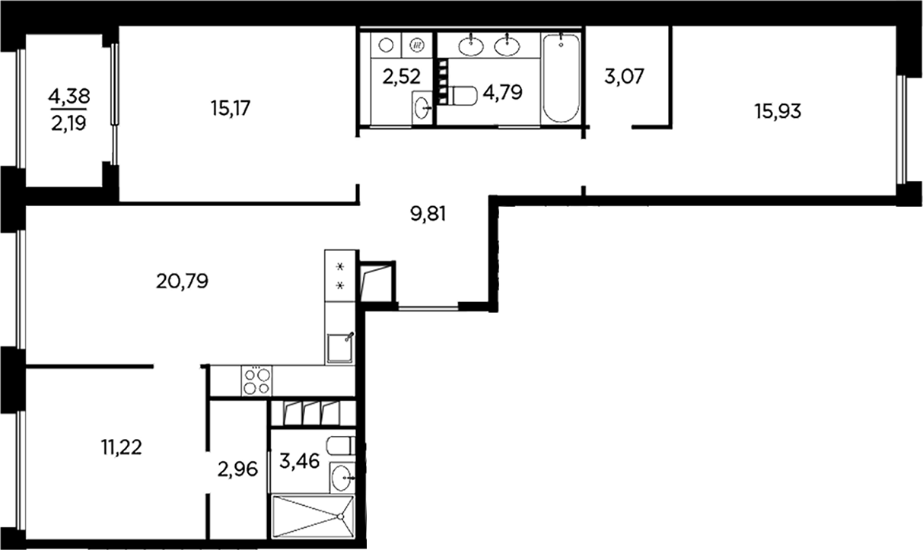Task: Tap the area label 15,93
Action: (777, 112)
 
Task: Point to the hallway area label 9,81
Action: (427, 215)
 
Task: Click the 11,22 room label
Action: (121, 447)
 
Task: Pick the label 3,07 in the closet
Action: (622, 77)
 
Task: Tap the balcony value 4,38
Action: (68, 96)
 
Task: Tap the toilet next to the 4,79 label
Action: (463, 95)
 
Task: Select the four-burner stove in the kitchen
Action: (256, 380)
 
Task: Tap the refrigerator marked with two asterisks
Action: (340, 275)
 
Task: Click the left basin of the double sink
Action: (471, 46)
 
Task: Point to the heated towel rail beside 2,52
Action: (443, 77)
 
